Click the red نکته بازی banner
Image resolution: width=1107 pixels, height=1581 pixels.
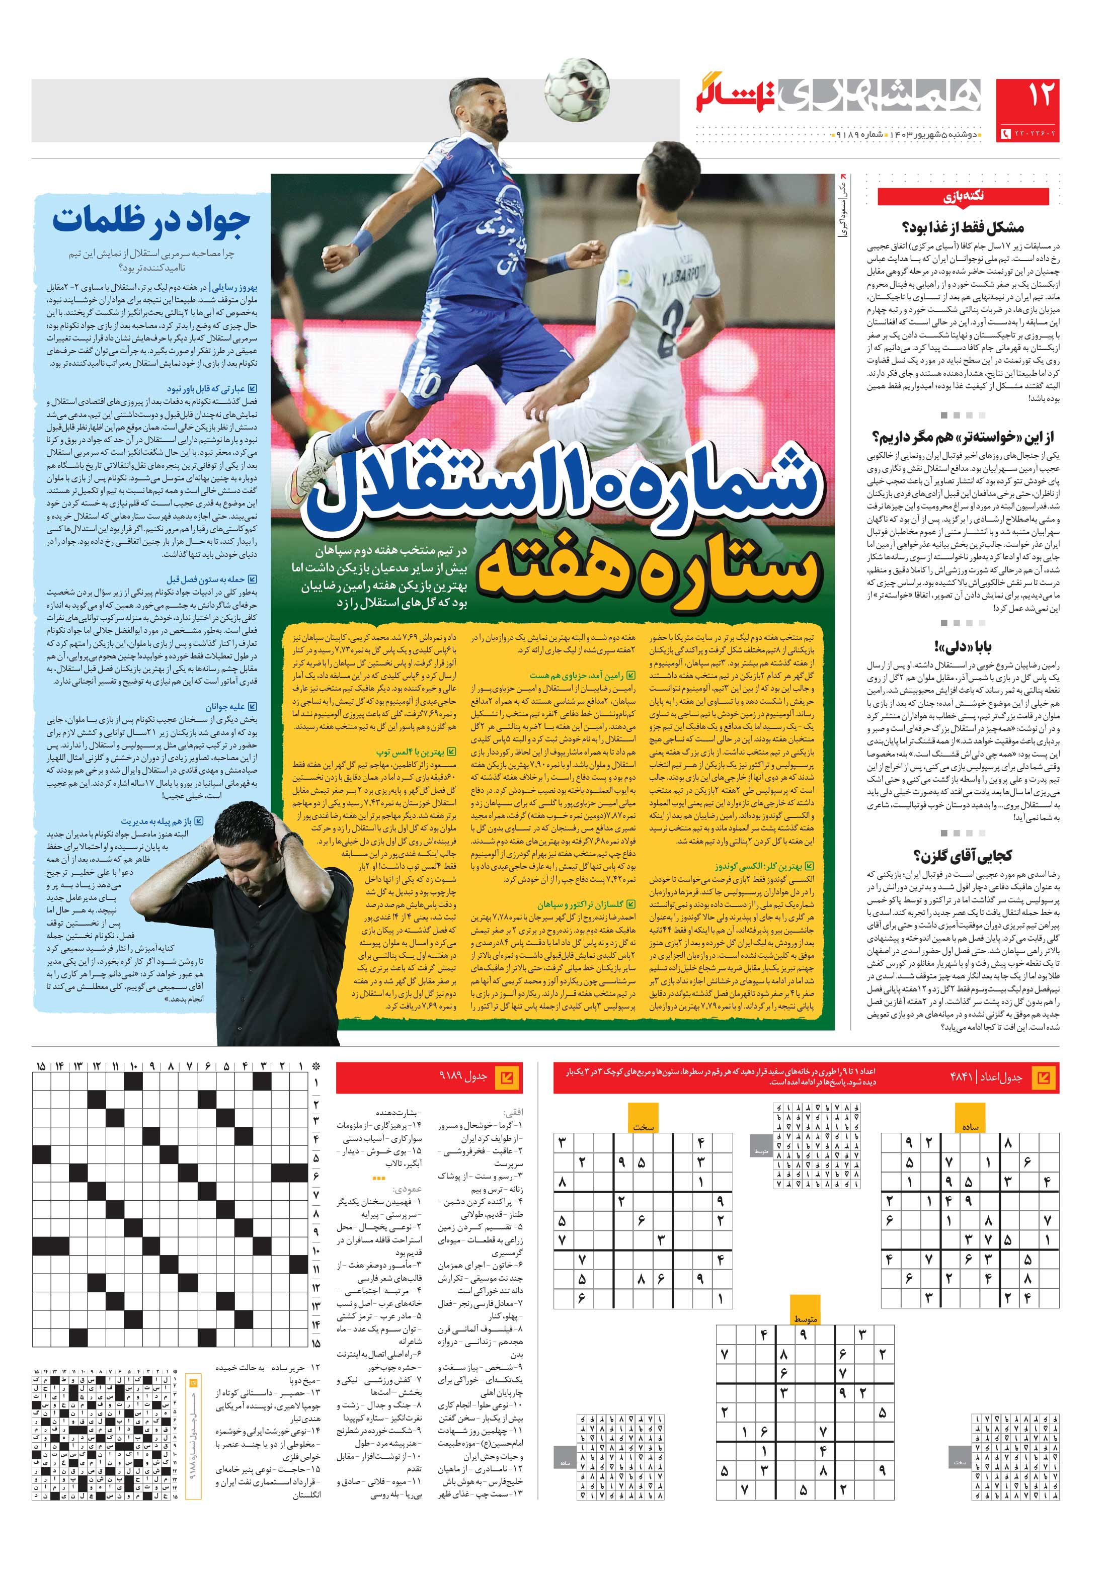pos(963,197)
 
